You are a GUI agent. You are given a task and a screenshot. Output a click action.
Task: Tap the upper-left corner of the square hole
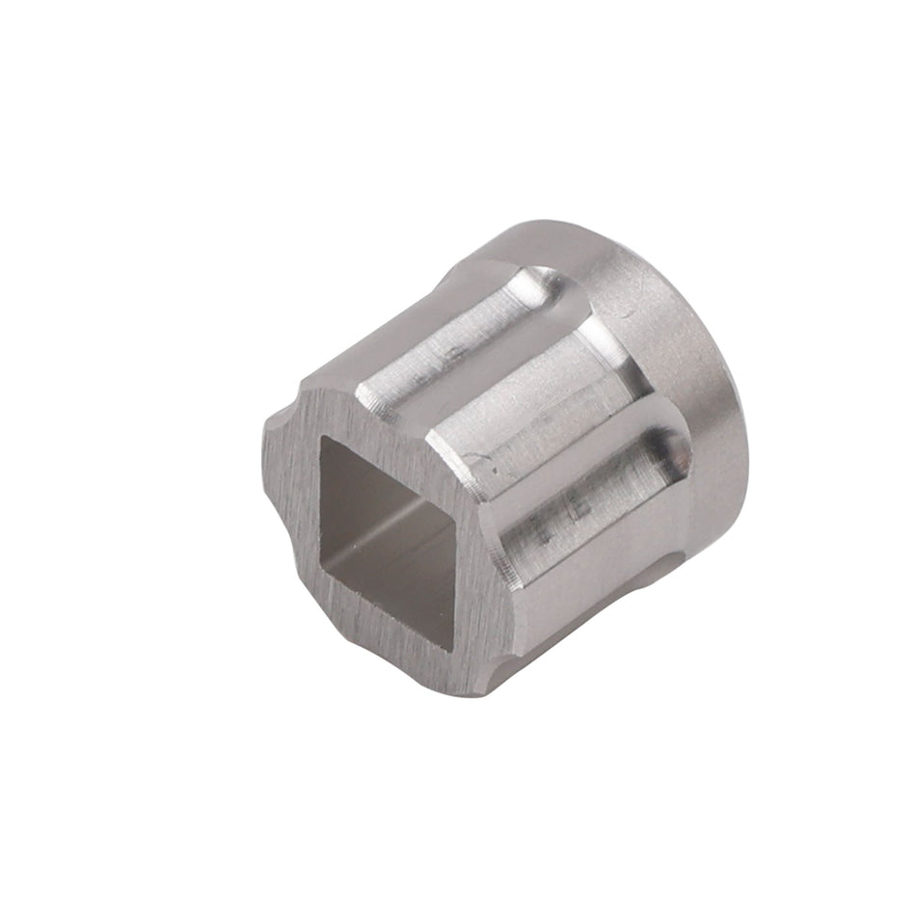click(323, 439)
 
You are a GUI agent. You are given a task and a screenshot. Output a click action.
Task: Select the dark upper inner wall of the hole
click(386, 472)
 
